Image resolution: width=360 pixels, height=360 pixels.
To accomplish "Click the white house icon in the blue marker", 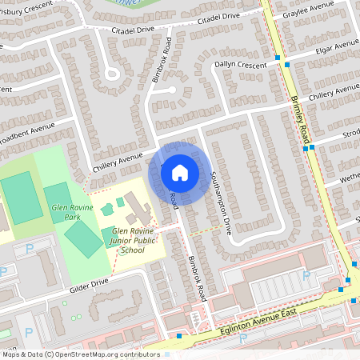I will pyautogui.click(x=179, y=172).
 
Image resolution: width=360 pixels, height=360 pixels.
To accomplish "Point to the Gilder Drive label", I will pyautogui.click(x=89, y=284).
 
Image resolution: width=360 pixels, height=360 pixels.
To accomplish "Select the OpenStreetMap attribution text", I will pyautogui.click(x=81, y=354).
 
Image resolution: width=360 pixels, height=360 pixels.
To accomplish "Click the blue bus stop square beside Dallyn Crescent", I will pyautogui.click(x=277, y=58).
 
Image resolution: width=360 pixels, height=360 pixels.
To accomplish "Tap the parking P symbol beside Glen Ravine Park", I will pyautogui.click(x=30, y=249).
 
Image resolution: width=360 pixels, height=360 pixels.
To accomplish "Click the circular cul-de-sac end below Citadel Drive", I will pyautogui.click(x=111, y=74).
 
